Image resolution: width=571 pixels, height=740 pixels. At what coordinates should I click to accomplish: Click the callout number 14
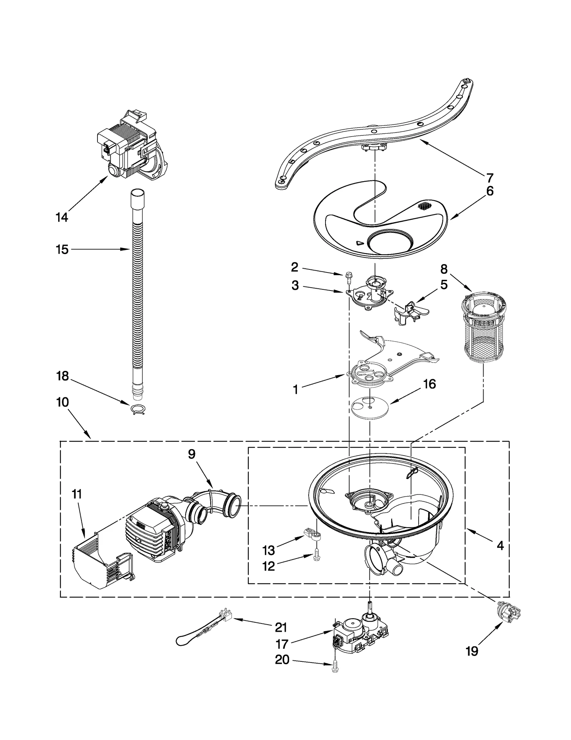coord(62,217)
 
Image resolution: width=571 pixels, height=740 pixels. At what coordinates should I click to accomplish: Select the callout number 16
coord(429,384)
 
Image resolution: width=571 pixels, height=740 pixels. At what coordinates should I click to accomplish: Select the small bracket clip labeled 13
coord(313,544)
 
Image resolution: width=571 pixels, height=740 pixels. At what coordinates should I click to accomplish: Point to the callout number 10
coord(62,402)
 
